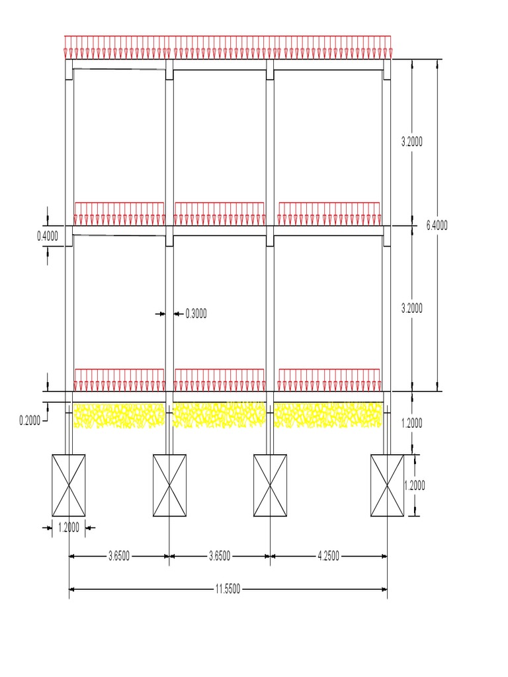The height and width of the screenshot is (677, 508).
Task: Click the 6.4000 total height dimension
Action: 437,225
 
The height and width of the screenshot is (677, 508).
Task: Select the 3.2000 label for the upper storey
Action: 412,141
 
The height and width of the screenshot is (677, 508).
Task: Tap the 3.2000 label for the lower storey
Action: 412,309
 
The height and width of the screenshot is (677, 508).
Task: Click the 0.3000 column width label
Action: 196,314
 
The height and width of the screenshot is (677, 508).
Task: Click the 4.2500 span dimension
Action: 328,556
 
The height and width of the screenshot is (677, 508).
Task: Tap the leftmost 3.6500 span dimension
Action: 119,556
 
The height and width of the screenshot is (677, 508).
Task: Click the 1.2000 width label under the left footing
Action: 69,528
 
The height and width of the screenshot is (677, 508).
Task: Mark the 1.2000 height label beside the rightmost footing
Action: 415,485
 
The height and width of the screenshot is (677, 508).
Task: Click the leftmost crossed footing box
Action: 69,485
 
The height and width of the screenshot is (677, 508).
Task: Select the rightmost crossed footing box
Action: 387,485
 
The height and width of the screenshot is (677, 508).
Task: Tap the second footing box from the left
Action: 170,485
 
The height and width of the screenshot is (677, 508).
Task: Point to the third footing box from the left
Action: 270,485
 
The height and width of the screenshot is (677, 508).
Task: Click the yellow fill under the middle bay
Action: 220,415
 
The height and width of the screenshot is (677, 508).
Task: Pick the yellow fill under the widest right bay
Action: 328,415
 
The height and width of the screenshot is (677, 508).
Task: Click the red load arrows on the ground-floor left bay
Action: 119,380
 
